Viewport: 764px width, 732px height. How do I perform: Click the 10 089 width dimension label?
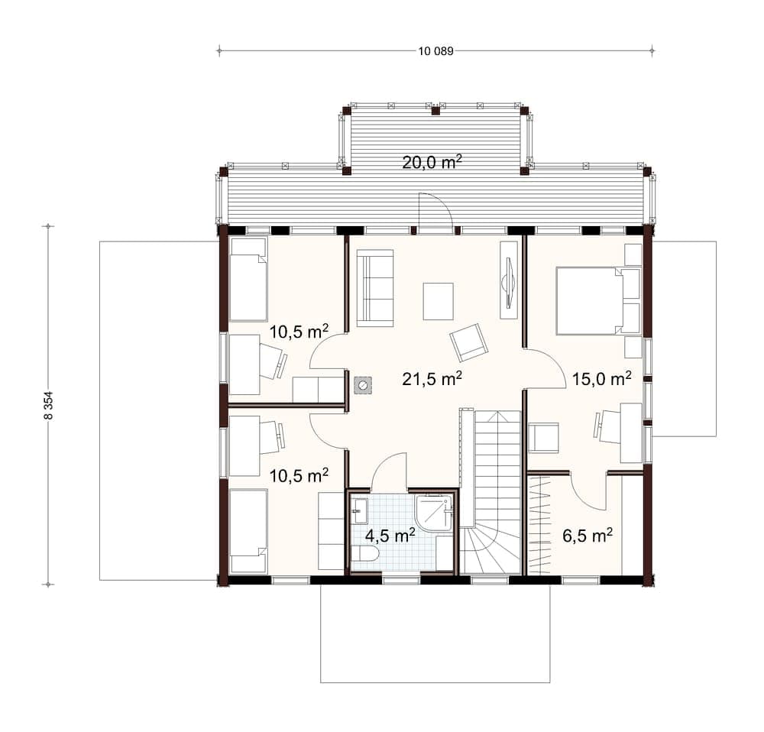pyautogui.click(x=435, y=50)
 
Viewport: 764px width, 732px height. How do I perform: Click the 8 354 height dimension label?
pyautogui.click(x=48, y=405)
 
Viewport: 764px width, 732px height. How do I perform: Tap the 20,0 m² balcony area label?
pyautogui.click(x=432, y=162)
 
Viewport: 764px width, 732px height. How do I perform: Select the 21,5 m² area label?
pyautogui.click(x=432, y=378)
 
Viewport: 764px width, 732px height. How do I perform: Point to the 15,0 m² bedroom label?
pyautogui.click(x=602, y=378)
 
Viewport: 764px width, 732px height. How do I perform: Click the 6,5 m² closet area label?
pyautogui.click(x=587, y=536)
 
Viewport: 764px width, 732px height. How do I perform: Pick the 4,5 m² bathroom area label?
pyautogui.click(x=390, y=536)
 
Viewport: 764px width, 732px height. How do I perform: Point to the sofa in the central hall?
pyautogui.click(x=374, y=287)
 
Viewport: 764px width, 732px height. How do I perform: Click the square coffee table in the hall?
pyautogui.click(x=438, y=301)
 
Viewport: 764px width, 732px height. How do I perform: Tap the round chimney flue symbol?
pyautogui.click(x=362, y=386)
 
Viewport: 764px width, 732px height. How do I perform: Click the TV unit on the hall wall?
pyautogui.click(x=509, y=279)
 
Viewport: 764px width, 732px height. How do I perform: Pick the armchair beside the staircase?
pyautogui.click(x=544, y=438)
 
